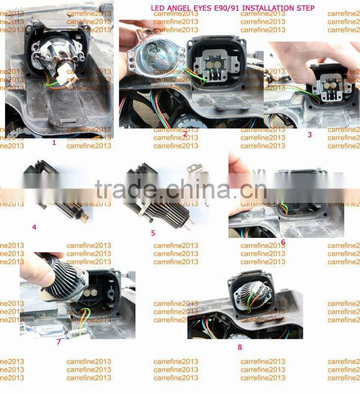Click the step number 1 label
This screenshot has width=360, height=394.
(x=54, y=142)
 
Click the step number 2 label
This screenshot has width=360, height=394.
(x=185, y=133)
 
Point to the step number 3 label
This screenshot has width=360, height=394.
(x=309, y=134)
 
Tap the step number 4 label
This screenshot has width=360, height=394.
(x=34, y=227)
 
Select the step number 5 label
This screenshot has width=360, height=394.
(x=153, y=232)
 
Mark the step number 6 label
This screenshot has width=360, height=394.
(x=283, y=242)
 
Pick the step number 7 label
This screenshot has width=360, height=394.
(x=59, y=341)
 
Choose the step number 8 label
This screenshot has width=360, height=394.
(x=240, y=347)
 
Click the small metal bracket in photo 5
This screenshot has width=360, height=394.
(x=195, y=169)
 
